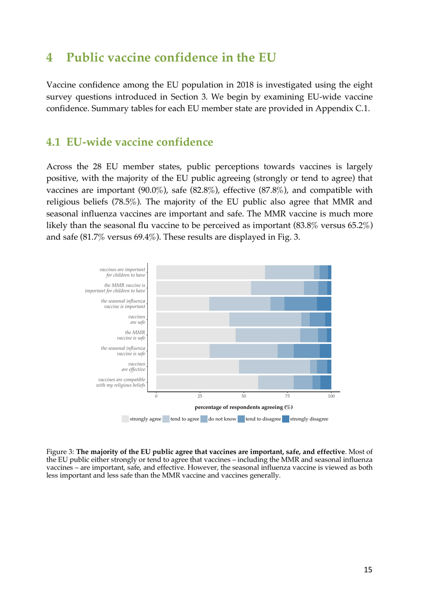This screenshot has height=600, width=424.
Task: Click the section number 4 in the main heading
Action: (50, 58)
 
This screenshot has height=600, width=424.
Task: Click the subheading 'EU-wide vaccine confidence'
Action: (140, 142)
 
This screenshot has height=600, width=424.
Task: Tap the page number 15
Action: (368, 570)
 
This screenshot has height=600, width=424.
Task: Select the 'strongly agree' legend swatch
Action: (125, 419)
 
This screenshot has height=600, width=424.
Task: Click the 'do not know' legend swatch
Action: (204, 419)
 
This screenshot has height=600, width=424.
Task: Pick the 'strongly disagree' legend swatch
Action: (286, 419)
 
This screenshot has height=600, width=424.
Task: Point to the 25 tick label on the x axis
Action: (200, 396)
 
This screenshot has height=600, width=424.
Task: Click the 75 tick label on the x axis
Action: (287, 396)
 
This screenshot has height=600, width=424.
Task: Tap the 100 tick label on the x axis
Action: (331, 396)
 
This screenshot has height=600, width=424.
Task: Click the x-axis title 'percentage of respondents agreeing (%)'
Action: (244, 407)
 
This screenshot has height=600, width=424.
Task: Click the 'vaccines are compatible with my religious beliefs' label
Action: (121, 383)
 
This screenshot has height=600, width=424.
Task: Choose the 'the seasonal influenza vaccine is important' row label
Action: (123, 304)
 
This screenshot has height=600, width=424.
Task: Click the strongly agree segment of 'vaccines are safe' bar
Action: (192, 320)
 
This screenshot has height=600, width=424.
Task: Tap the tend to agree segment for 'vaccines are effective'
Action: (274, 367)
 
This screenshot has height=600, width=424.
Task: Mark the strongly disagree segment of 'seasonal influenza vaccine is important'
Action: (324, 304)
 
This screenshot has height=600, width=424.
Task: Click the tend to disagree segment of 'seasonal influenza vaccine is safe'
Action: (307, 351)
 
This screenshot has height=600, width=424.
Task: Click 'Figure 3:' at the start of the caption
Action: (60, 452)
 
